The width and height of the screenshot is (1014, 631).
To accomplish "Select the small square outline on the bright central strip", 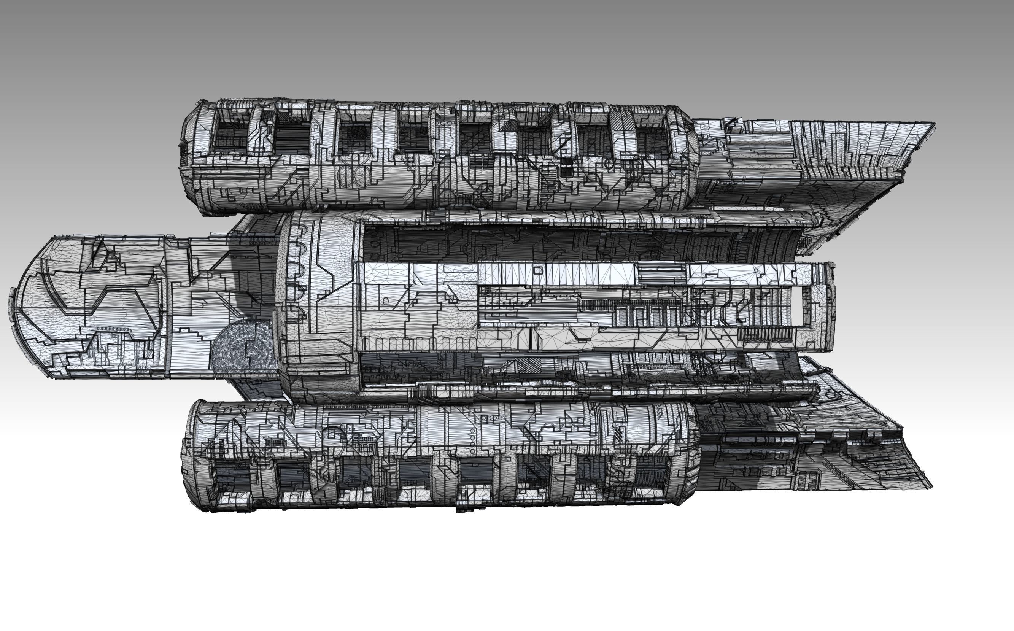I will pos(538,270).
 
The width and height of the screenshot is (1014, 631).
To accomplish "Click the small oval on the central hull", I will pos(386,301).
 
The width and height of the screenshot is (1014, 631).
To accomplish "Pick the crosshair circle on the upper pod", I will pos(609,164).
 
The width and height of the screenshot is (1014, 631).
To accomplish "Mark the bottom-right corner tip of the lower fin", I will pos(931,488).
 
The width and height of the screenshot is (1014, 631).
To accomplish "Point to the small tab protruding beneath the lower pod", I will pos(463,510).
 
